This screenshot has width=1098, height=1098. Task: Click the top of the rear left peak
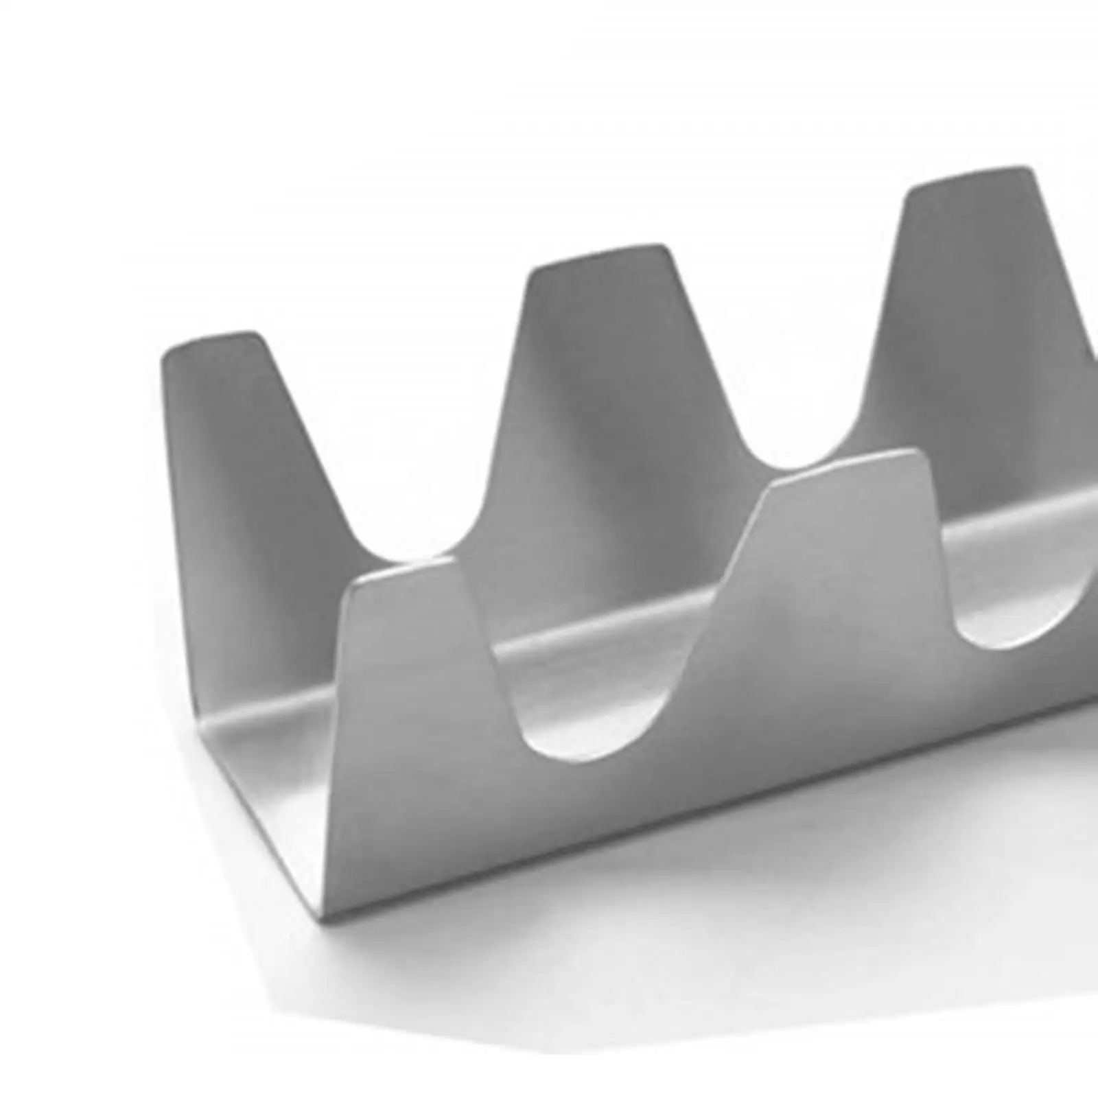pyautogui.click(x=213, y=338)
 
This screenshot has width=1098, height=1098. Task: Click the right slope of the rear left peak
pyautogui.click(x=309, y=453)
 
